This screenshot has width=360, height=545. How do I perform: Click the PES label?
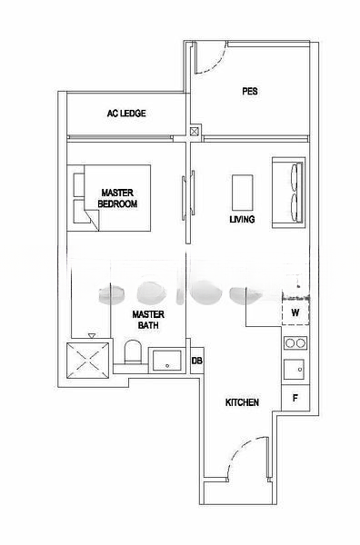[x=251, y=91]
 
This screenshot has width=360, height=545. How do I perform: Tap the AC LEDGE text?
[x=126, y=114]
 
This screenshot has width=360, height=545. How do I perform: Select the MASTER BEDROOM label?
[x=118, y=198]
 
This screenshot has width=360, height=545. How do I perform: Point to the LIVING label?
[x=242, y=220]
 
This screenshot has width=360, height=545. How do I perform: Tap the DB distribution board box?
[x=197, y=361]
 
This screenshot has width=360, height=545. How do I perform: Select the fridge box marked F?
[x=295, y=399]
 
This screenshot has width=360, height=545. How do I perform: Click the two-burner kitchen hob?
[x=294, y=343]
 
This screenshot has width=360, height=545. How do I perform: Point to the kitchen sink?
[x=294, y=371]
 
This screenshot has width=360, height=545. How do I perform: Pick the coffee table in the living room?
[x=242, y=192]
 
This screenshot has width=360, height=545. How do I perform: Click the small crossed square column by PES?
[x=195, y=132]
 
